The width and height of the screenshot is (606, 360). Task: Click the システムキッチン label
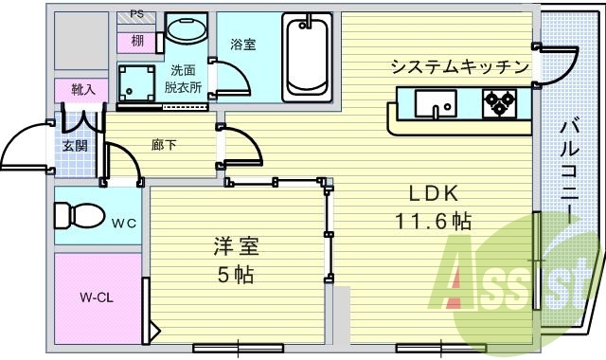point(459,66)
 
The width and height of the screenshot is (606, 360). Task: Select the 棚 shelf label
point(138,40)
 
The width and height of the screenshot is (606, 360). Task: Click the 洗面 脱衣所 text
point(185,78)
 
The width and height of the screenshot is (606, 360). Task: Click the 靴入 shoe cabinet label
point(83,89)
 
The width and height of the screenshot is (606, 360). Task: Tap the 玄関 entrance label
point(76,145)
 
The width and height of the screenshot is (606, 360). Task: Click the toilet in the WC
point(77,214)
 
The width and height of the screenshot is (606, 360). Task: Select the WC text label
point(124,225)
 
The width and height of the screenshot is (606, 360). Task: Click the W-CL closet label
point(97,297)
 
